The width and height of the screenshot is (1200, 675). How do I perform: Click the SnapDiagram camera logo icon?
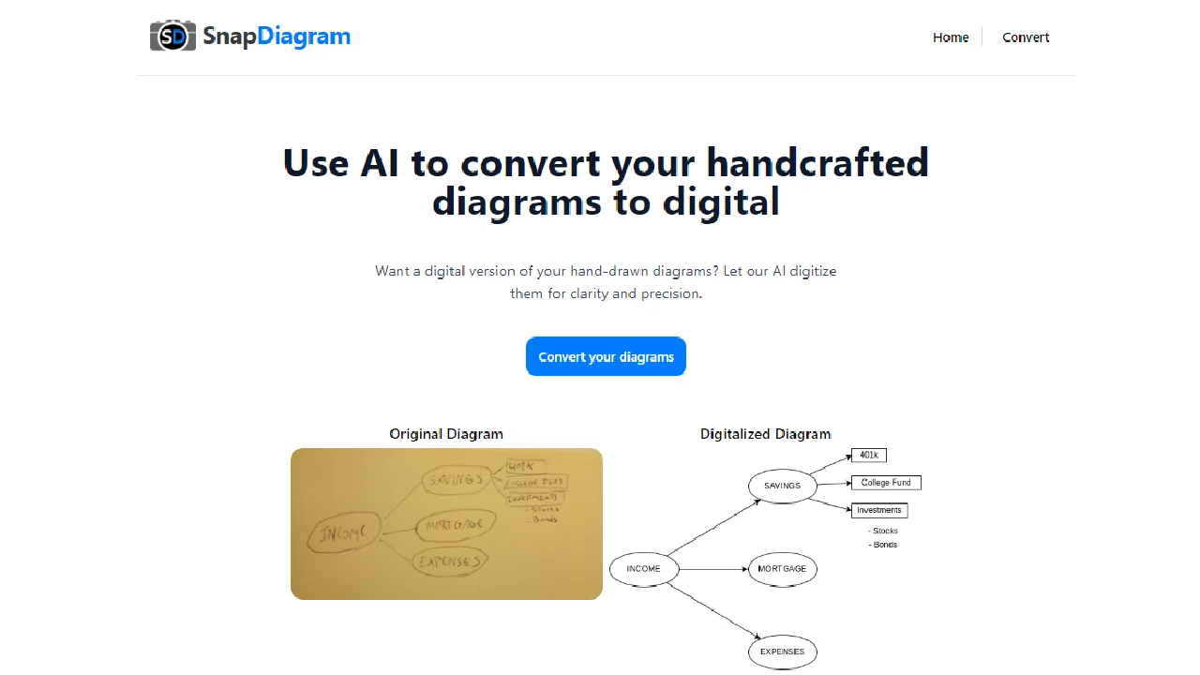click(x=172, y=37)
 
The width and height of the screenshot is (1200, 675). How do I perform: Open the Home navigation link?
click(x=951, y=37)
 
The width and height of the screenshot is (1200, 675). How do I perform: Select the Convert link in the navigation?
click(x=1026, y=37)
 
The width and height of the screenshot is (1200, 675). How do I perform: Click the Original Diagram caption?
click(x=446, y=434)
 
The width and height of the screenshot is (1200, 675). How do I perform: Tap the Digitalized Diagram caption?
click(x=765, y=434)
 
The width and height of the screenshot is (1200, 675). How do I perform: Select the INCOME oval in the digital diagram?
click(x=644, y=569)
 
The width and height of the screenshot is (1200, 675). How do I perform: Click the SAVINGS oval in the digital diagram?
click(x=783, y=486)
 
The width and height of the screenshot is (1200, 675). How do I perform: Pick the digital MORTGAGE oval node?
click(x=783, y=569)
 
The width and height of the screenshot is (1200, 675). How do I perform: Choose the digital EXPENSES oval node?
click(x=783, y=652)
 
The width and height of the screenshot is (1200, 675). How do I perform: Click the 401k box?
click(x=869, y=456)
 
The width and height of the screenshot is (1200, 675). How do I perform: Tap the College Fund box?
click(x=886, y=483)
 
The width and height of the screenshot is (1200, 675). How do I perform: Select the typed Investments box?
click(x=878, y=511)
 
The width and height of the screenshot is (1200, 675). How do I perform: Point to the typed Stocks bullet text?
click(x=883, y=532)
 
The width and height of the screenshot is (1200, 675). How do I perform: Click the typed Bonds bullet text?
click(x=883, y=545)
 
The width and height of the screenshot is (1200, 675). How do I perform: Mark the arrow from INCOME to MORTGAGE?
click(x=712, y=569)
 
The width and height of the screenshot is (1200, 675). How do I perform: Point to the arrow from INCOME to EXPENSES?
click(x=712, y=611)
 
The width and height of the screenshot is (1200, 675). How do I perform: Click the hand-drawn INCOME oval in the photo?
click(x=344, y=533)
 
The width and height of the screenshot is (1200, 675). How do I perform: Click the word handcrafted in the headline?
click(x=817, y=163)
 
